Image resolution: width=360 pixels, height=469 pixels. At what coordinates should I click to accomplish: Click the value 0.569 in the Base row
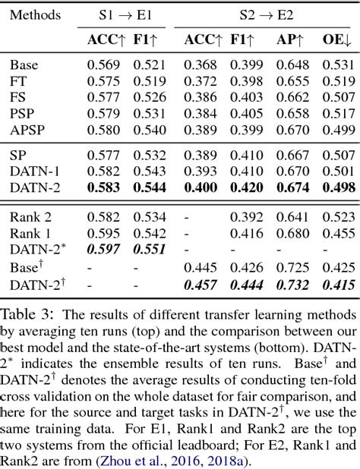point(102,65)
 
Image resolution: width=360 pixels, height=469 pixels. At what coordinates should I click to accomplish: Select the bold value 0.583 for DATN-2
point(102,187)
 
